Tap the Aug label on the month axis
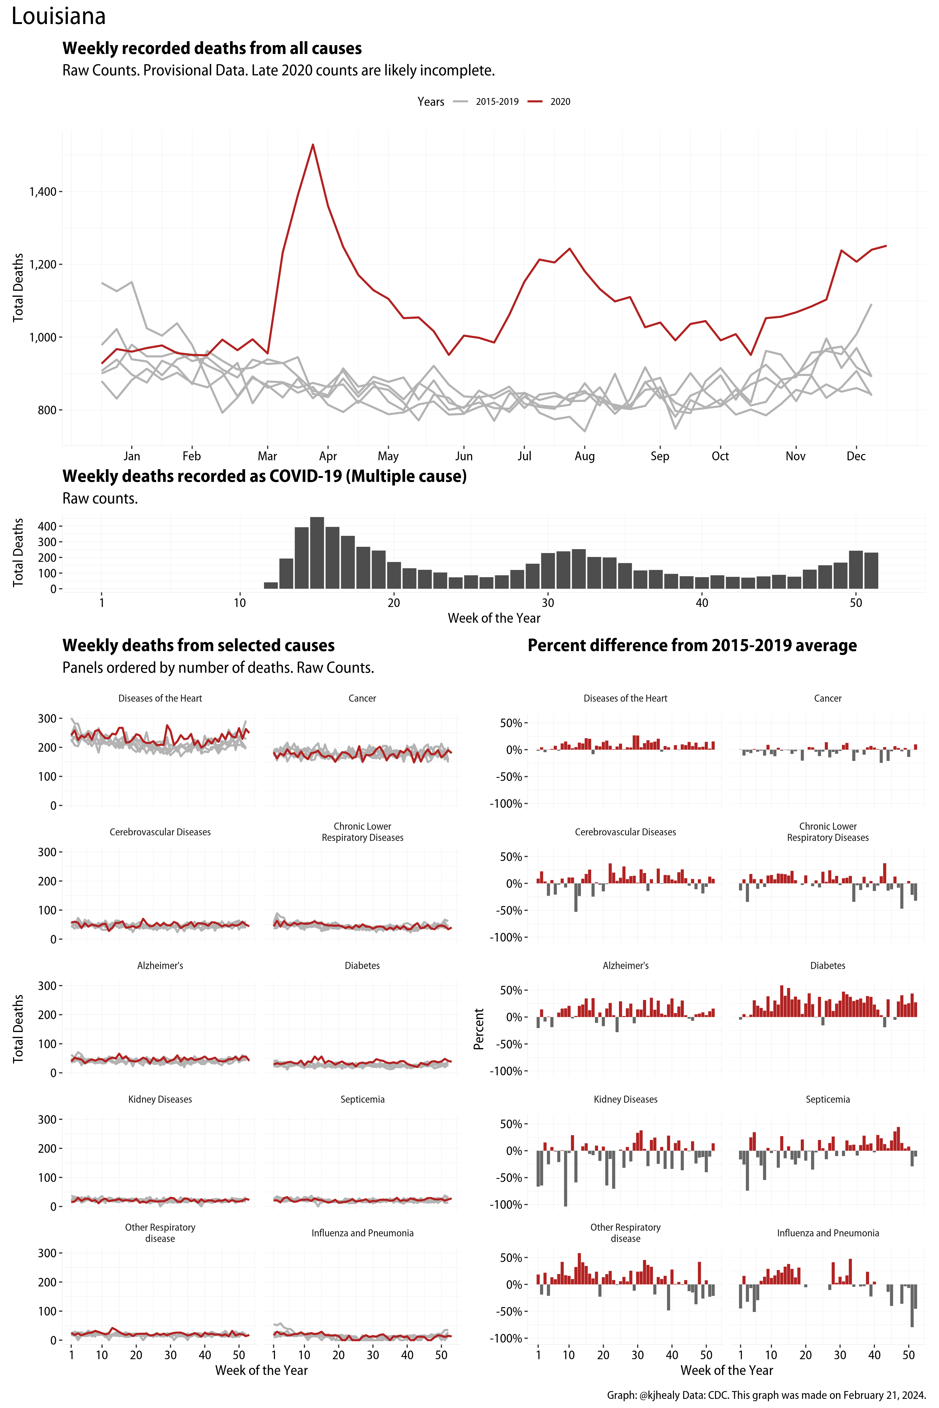point(585,456)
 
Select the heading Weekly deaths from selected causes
point(198,645)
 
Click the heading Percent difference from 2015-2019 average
point(692,645)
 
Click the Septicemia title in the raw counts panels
point(362,1099)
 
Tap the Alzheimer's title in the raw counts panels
point(160,966)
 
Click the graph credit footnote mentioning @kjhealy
point(767,1395)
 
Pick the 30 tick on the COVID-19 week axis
point(547,603)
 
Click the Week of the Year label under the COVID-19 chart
point(494,618)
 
